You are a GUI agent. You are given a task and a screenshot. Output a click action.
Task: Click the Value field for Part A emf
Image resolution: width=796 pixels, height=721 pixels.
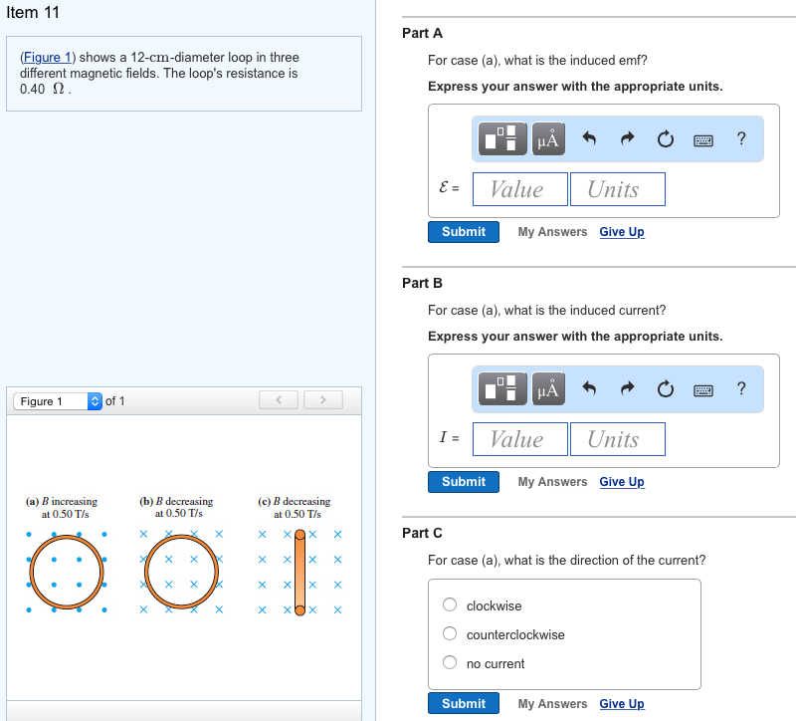[519, 189]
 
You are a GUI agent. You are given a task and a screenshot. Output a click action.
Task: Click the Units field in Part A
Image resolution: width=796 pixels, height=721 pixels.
[617, 189]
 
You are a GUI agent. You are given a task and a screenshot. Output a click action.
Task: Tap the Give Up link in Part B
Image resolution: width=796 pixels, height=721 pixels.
[622, 482]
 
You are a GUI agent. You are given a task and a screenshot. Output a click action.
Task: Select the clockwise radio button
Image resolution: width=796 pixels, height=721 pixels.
[450, 605]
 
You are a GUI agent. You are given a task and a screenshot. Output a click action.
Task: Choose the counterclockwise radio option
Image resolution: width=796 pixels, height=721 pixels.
[450, 634]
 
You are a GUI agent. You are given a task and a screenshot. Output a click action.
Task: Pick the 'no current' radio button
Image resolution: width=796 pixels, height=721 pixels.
[450, 663]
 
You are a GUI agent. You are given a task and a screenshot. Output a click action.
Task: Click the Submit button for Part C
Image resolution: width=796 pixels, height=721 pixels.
[463, 704]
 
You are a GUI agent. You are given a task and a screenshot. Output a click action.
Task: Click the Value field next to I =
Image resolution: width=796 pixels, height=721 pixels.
[519, 439]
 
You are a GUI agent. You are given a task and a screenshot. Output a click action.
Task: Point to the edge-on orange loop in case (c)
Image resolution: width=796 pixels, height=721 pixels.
[298, 574]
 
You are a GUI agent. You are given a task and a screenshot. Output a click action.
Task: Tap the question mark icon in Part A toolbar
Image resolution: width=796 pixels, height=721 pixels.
[741, 139]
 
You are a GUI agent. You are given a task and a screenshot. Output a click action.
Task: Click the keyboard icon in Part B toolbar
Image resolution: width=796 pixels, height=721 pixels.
[703, 389]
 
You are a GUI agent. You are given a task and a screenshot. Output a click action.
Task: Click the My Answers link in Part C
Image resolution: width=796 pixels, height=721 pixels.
[552, 704]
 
